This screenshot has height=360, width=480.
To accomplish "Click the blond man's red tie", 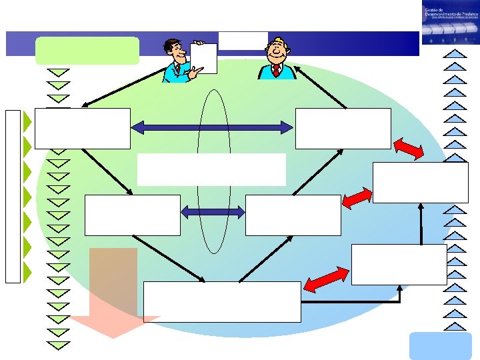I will [276, 69].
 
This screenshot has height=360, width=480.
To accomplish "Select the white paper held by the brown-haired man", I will [203, 58].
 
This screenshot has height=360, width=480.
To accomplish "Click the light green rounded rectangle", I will [87, 51].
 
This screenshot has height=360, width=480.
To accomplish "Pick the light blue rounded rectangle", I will [431, 346].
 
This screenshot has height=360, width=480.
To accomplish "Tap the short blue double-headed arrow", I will [213, 213].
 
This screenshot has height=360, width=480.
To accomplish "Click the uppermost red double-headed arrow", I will [407, 149].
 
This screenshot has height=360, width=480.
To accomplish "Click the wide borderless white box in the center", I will [211, 169].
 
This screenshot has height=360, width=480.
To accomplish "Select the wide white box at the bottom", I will [222, 302].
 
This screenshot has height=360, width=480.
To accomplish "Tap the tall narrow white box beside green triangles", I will [13, 196].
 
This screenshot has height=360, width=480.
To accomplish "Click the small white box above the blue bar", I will [243, 40].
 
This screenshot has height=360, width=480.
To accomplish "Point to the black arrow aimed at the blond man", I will [320, 86].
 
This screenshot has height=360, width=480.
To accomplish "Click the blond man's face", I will [276, 50].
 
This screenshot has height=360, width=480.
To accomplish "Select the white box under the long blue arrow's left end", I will [83, 129].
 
